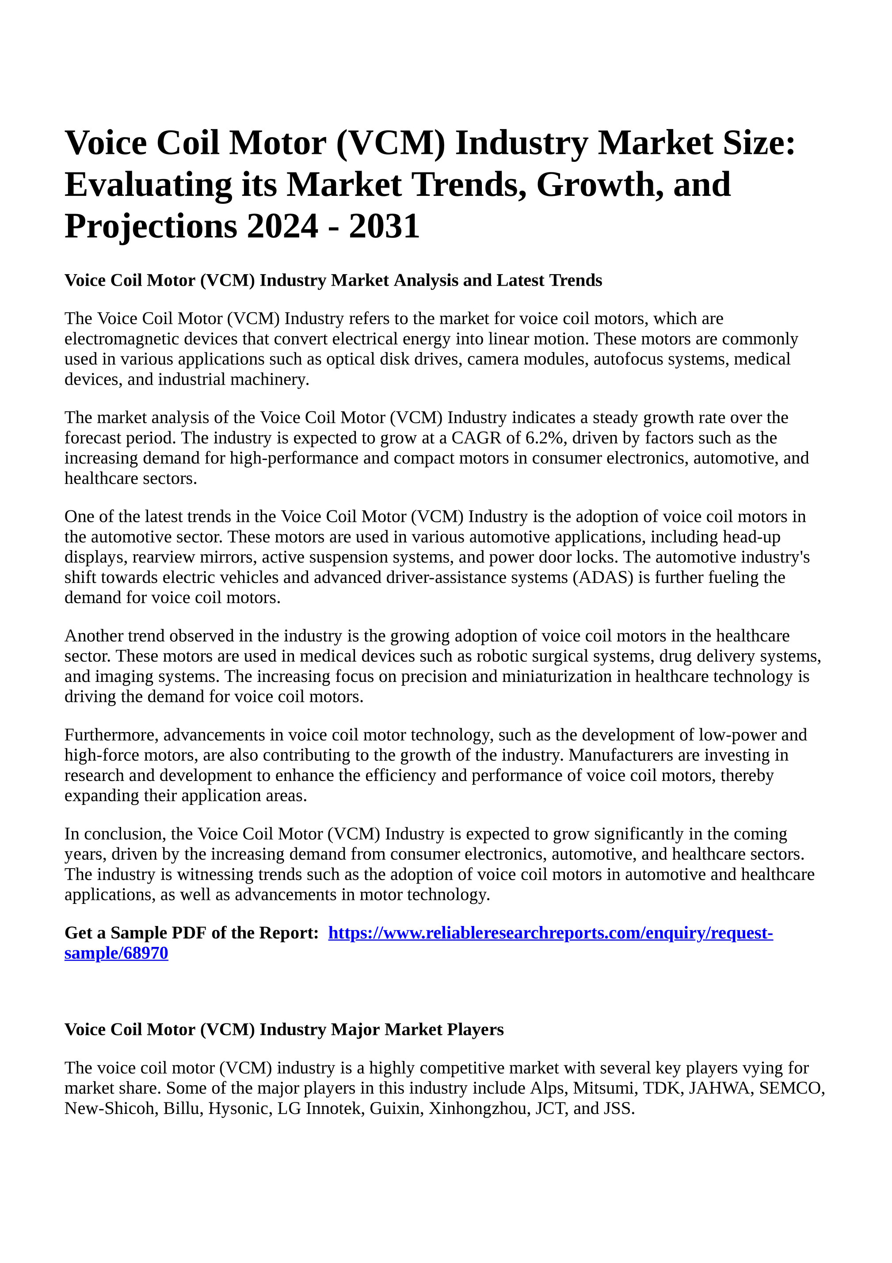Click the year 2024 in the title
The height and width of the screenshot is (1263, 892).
click(x=282, y=226)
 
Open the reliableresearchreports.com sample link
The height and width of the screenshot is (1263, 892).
click(x=550, y=933)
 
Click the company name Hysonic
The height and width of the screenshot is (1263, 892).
click(x=240, y=1108)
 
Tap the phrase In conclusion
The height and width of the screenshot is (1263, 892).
click(x=115, y=834)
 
